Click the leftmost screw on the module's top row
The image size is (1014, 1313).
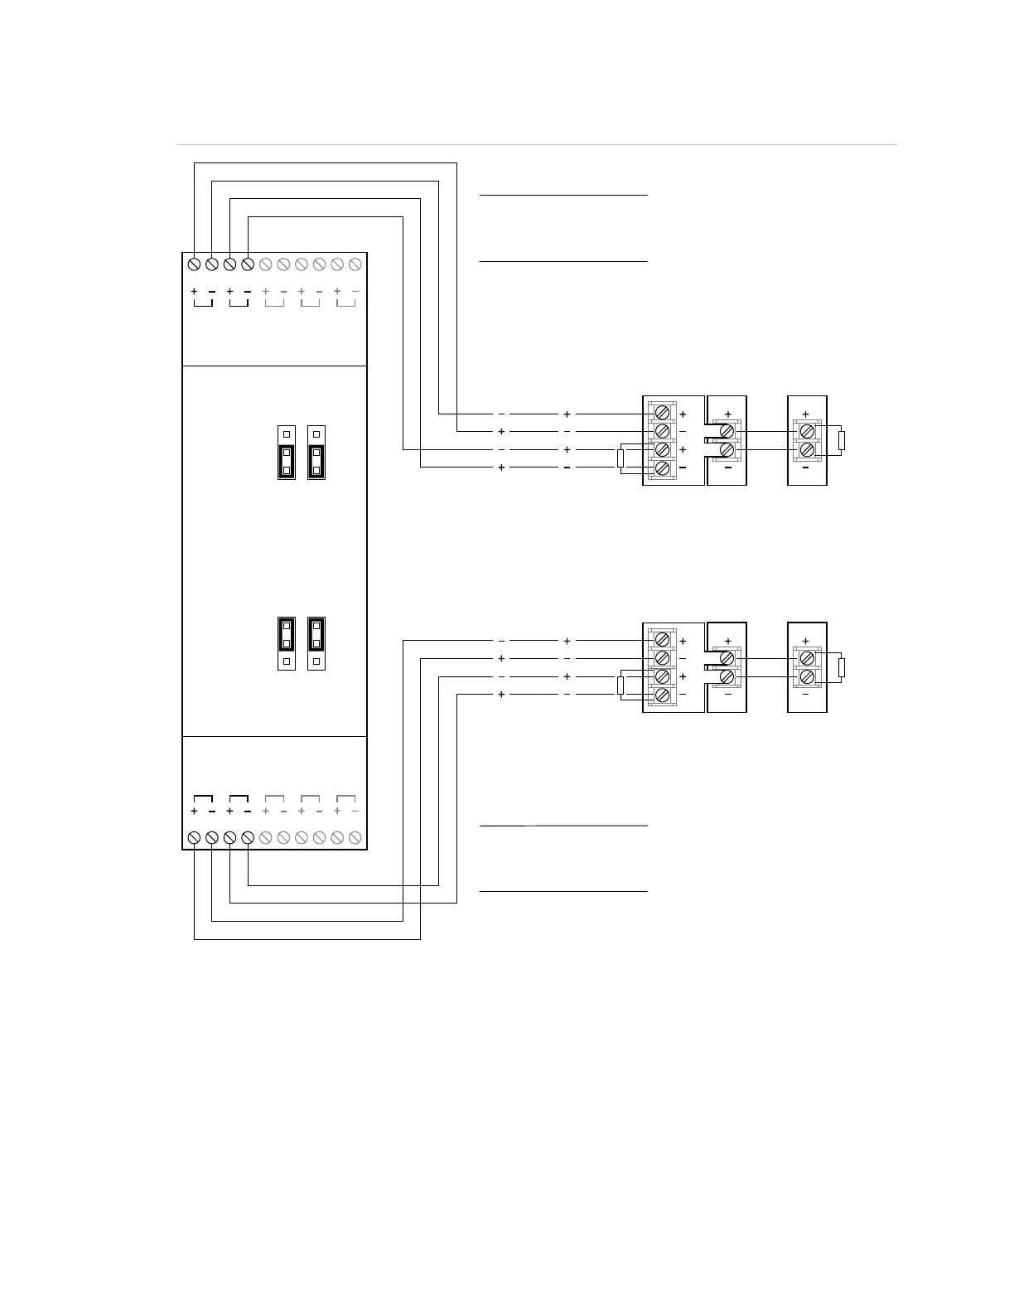[x=194, y=264]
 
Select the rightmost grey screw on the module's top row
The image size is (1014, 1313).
[x=355, y=264]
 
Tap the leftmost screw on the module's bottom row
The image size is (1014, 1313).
[x=194, y=838]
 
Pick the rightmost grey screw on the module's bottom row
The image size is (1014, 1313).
[x=355, y=838]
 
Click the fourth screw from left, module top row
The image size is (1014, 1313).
[x=247, y=264]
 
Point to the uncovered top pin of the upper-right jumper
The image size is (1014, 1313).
[x=316, y=434]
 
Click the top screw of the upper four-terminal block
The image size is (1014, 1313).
[x=662, y=413]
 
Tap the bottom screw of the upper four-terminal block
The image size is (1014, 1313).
[x=662, y=468]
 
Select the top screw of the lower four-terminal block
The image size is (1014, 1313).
[x=662, y=640]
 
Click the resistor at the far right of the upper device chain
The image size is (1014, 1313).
[x=842, y=439]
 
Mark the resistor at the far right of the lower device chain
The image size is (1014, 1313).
[x=842, y=667]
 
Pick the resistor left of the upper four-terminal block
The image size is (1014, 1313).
[x=620, y=458]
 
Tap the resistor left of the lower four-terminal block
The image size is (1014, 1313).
[x=620, y=686]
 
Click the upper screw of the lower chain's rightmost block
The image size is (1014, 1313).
[x=806, y=658]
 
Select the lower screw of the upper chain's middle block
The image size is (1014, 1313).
[x=727, y=449]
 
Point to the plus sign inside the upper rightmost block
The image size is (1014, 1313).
[x=806, y=414]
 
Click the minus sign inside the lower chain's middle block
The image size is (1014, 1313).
[x=727, y=695]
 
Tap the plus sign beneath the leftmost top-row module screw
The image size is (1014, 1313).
[x=194, y=292]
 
